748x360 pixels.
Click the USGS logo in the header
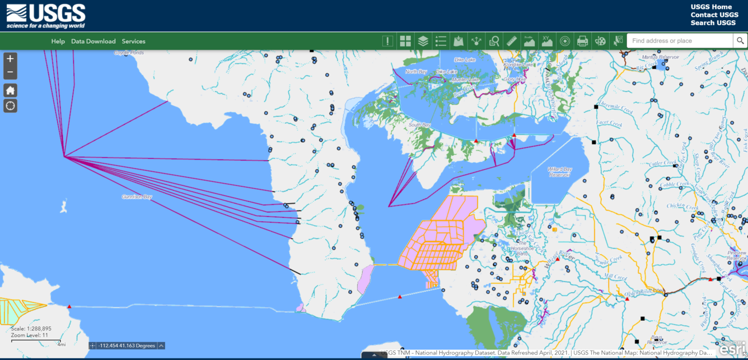click(x=46, y=16)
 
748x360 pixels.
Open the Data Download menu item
click(x=93, y=41)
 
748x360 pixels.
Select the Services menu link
click(x=133, y=41)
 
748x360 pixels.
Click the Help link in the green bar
click(x=58, y=41)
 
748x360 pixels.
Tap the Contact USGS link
click(x=714, y=15)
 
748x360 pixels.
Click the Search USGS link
click(x=713, y=23)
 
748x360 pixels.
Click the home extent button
click(x=11, y=91)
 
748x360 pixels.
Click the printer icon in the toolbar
click(x=582, y=41)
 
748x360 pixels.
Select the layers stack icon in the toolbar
click(x=423, y=41)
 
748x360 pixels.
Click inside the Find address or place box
click(x=679, y=41)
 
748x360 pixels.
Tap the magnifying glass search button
click(x=740, y=41)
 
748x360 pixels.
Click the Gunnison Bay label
click(x=137, y=197)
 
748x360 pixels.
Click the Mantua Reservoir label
click(x=660, y=57)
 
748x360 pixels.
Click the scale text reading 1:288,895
click(x=31, y=329)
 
